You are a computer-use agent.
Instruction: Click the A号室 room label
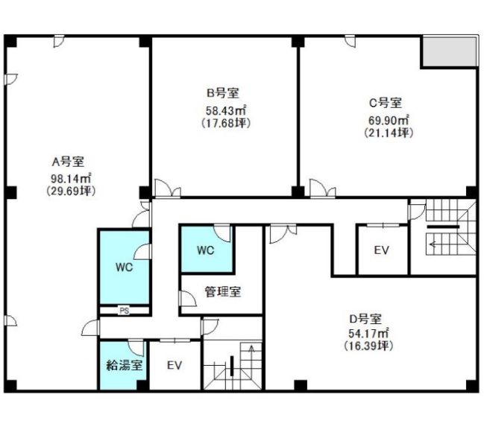pos(68,162)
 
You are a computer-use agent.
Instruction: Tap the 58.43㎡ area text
pos(226,110)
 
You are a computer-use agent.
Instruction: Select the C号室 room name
pos(386,103)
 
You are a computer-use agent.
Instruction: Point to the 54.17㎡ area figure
pos(368,333)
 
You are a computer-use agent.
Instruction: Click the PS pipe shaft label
pos(125,311)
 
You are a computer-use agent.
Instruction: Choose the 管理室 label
pos(223,291)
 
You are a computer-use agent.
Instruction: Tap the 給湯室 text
pos(125,365)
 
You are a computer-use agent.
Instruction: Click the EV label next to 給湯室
pos(175,365)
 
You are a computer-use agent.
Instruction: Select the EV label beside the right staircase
pos(382,250)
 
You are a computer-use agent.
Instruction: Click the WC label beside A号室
pos(124,267)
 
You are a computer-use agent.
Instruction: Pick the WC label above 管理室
pos(205,250)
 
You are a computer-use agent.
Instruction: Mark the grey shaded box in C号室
pos(449,51)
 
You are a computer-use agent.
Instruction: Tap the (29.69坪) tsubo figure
pos(71,191)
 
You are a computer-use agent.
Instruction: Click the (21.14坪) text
pos(389,133)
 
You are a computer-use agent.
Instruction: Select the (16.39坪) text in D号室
pos(368,346)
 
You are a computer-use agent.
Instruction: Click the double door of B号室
pos(168,188)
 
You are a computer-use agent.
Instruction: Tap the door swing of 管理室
pos(188,299)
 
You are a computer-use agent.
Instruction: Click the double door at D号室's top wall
pos(283,233)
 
